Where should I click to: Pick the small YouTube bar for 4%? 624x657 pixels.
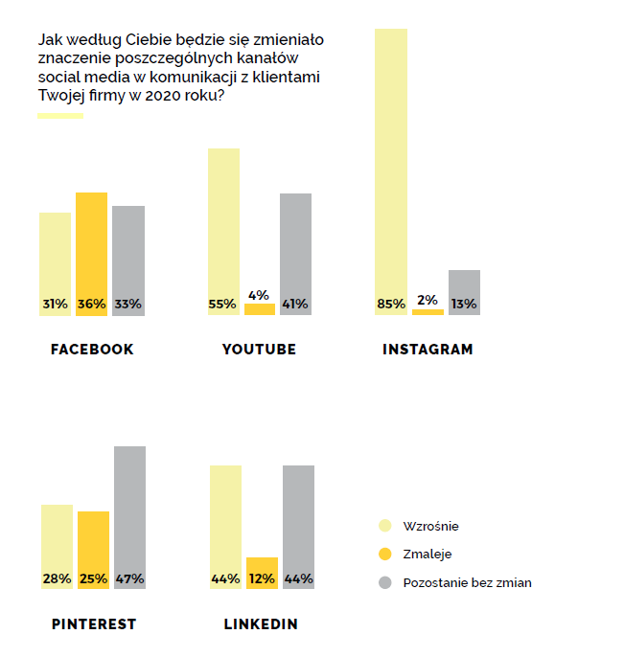[260, 309]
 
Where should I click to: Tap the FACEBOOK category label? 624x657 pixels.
[92, 350]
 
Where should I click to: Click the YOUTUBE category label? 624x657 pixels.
[259, 350]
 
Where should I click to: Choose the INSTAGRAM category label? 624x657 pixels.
[428, 350]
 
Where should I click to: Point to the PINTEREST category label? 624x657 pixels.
[94, 624]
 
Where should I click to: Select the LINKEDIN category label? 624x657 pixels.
[261, 624]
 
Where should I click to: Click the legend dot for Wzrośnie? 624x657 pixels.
[386, 526]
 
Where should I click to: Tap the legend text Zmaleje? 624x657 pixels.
[428, 555]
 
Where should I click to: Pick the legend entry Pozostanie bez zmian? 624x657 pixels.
[467, 582]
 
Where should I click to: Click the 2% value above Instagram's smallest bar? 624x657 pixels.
[428, 300]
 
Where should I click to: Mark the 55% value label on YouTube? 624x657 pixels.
[222, 305]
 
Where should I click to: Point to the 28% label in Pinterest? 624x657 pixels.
[57, 579]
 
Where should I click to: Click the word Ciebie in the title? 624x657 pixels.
[127, 40]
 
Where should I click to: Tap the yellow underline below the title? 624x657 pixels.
[60, 116]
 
